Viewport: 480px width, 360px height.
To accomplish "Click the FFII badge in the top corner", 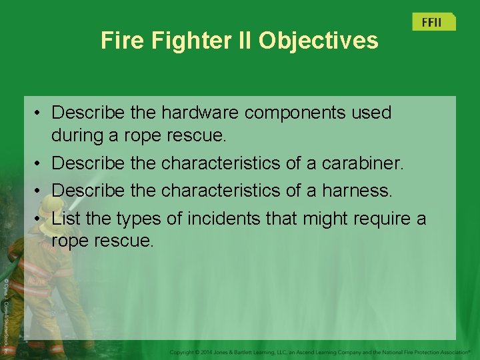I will [431, 22].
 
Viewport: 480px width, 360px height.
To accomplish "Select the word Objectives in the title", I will [319, 41].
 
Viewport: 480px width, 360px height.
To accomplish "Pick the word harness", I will [358, 190].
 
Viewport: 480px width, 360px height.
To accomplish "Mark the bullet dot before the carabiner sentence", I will [40, 163].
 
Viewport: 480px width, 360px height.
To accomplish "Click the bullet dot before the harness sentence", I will [40, 191].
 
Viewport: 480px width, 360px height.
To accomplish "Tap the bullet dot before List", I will [40, 219].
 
